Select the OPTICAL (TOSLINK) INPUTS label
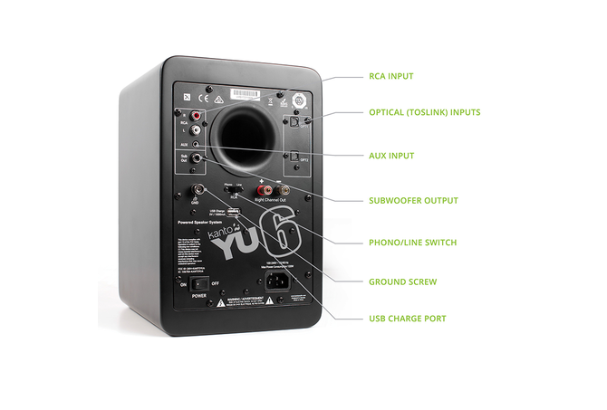click(x=424, y=112)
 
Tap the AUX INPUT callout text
click(x=391, y=156)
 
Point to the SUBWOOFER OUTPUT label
click(x=413, y=200)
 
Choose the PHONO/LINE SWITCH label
click(x=413, y=242)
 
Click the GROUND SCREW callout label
click(x=402, y=281)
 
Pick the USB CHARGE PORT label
click(x=407, y=319)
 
